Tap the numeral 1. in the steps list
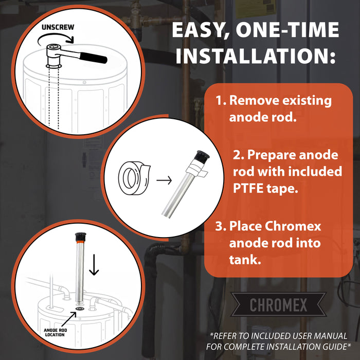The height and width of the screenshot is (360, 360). pos(221,100)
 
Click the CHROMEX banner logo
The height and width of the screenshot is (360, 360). pos(279,305)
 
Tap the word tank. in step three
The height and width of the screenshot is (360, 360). pos(245,260)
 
